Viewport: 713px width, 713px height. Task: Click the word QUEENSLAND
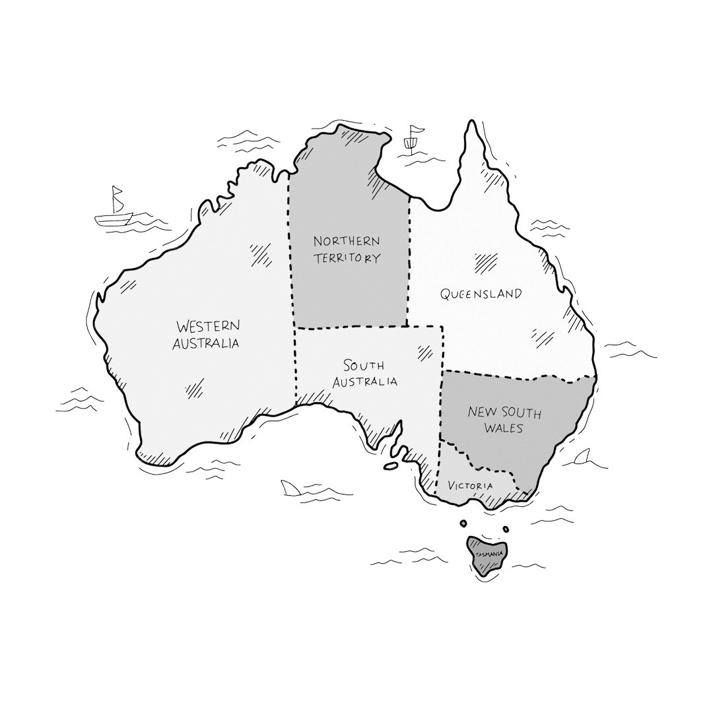point(481,294)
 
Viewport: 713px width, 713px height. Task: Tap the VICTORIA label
point(470,486)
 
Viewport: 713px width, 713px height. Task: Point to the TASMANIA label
point(487,553)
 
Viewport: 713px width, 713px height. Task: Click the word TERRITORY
point(347,257)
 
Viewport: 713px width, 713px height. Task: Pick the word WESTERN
point(208,326)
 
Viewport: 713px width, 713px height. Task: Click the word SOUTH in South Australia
point(363,365)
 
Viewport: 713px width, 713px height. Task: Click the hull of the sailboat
point(114,219)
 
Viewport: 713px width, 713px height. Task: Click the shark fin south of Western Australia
point(290,488)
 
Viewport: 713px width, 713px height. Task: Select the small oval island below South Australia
point(391,466)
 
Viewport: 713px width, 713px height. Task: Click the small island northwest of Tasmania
point(463,524)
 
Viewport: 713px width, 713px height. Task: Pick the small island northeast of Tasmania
point(506,529)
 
